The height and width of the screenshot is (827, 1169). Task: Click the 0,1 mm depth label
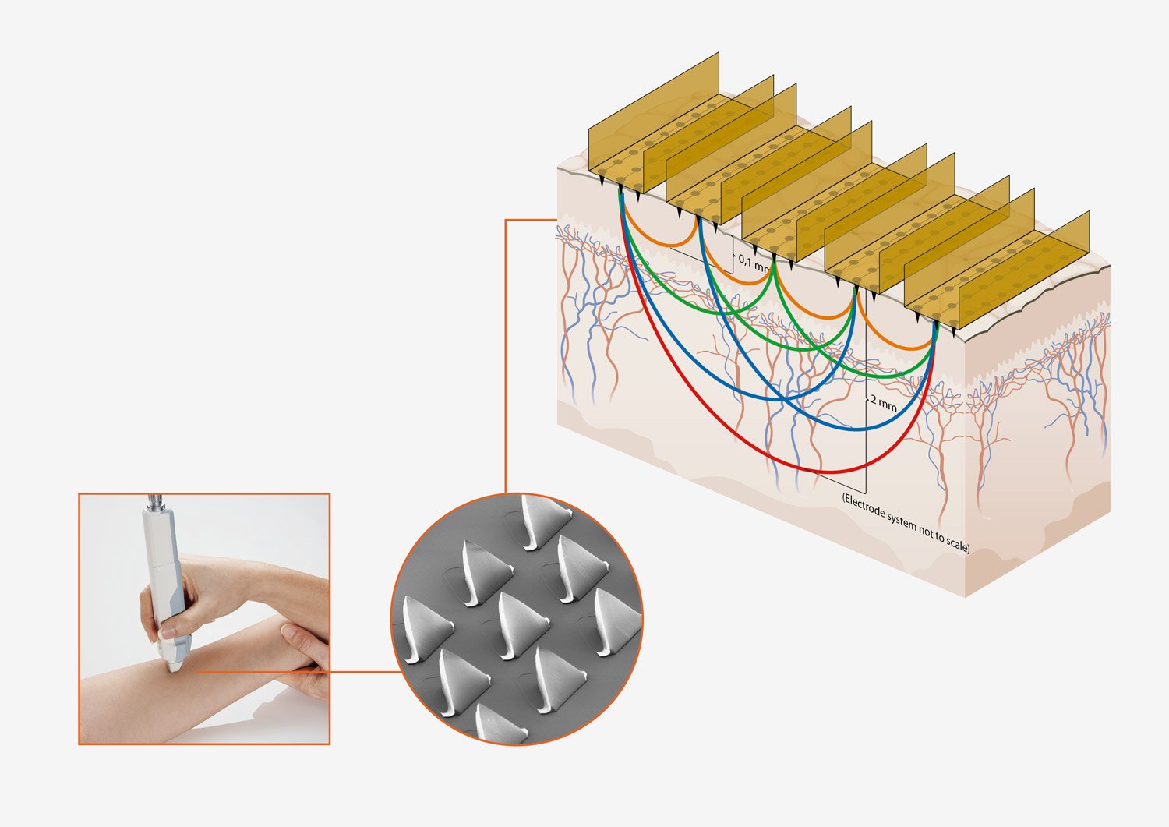(x=754, y=263)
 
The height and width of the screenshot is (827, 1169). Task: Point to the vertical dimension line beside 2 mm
(x=866, y=391)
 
